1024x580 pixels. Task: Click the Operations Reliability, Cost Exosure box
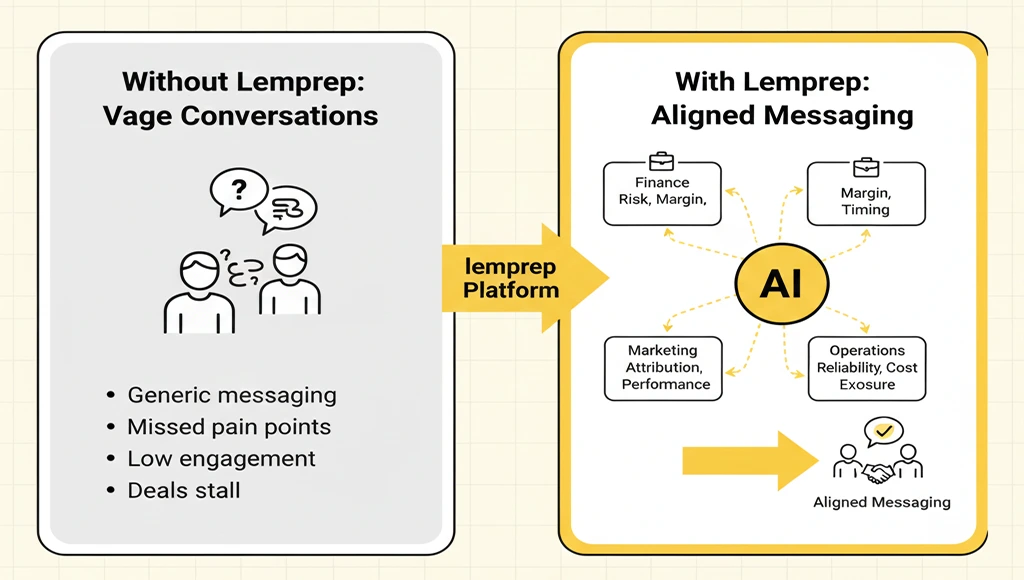click(866, 368)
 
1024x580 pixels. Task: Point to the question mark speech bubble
click(238, 190)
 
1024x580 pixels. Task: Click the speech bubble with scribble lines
click(287, 208)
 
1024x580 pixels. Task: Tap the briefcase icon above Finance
click(661, 160)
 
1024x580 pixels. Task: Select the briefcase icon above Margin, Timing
click(865, 166)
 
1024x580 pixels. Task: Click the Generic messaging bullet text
click(232, 395)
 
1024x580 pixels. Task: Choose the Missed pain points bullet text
click(229, 427)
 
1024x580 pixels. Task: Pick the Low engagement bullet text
click(221, 459)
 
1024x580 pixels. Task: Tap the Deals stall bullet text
click(184, 491)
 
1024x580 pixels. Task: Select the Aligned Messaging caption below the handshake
click(881, 502)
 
